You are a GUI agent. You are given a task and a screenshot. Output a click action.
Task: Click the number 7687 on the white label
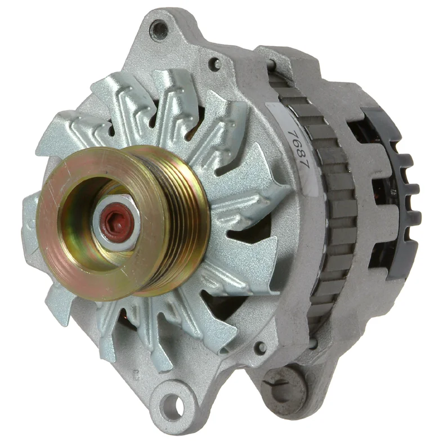[x=298, y=149]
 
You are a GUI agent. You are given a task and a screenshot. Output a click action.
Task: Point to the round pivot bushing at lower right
[x=283, y=388]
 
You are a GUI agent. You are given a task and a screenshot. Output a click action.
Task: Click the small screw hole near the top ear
[x=216, y=64]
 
